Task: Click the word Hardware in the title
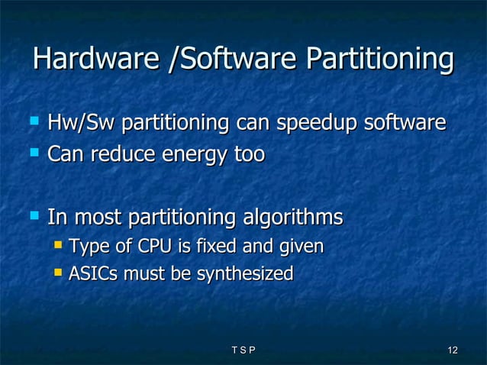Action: click(96, 60)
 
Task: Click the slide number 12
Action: click(452, 350)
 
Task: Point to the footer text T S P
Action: click(242, 350)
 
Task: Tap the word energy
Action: click(191, 156)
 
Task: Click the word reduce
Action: click(120, 154)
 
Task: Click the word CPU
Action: click(153, 247)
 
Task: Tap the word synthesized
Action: click(245, 274)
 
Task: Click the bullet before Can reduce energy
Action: click(33, 153)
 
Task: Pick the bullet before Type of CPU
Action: click(58, 246)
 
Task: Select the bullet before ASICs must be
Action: click(58, 272)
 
